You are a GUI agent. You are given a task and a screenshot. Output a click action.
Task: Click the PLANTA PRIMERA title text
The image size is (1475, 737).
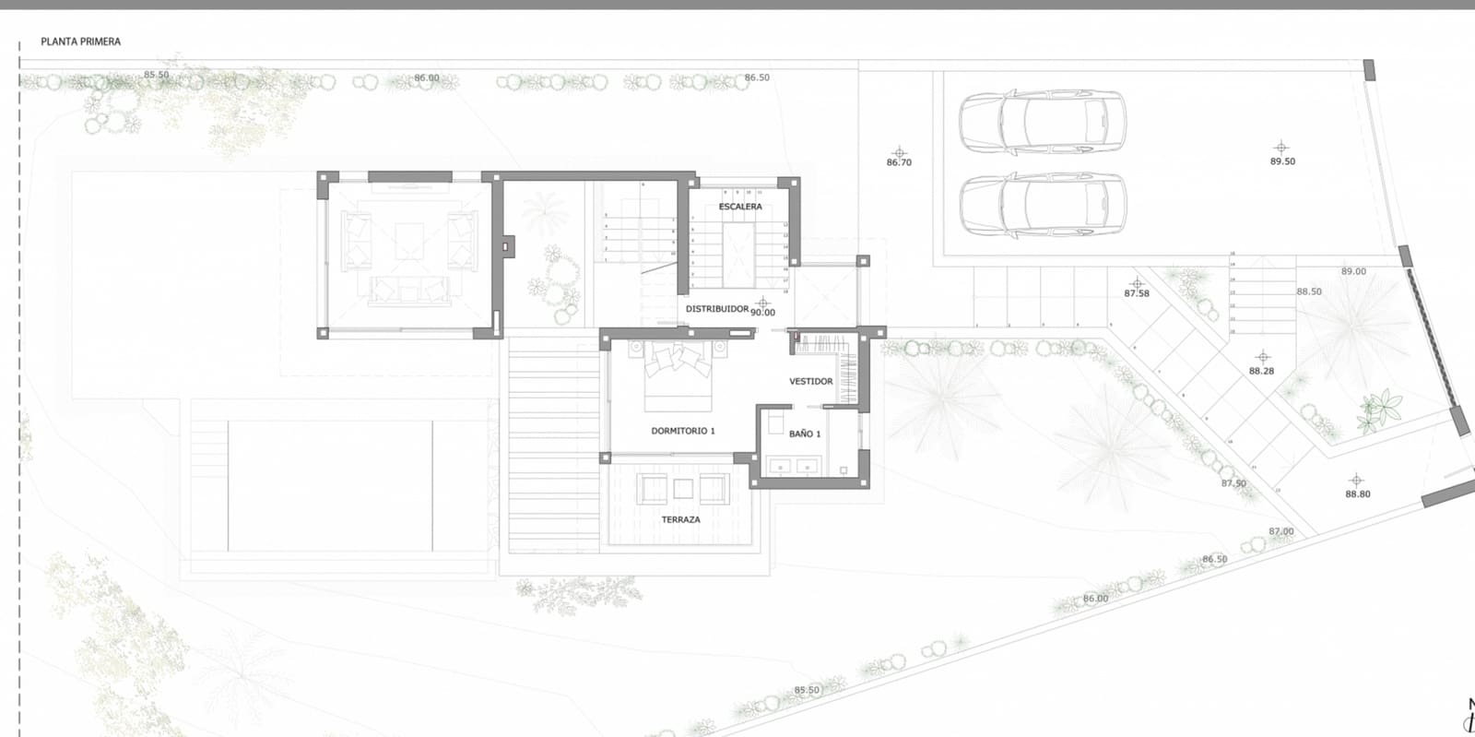pos(80,42)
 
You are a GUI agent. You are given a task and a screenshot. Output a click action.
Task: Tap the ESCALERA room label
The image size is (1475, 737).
pos(740,207)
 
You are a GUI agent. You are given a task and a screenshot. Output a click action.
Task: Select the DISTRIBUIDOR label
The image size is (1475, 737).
pos(716,309)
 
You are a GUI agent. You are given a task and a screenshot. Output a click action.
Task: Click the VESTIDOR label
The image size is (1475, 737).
pos(810,381)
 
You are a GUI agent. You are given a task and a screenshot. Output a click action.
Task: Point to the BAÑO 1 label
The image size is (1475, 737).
pos(804,434)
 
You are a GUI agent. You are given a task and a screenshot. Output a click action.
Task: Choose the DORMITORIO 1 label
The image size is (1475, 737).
pos(682,431)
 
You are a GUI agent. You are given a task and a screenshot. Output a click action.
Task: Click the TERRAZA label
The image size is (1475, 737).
pos(680,520)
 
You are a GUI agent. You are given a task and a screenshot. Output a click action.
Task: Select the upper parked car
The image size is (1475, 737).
pos(1042,121)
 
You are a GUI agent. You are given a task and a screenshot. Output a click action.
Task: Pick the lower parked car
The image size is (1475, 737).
pos(1042,205)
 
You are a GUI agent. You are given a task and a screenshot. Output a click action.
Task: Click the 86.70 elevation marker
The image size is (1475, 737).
pos(899,162)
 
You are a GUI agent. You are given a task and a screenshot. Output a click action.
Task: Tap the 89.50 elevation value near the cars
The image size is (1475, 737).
pos(1282,161)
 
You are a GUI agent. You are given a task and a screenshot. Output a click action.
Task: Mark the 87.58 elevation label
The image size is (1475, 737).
pos(1137,293)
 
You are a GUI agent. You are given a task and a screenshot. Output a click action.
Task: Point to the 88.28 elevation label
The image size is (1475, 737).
pos(1261,371)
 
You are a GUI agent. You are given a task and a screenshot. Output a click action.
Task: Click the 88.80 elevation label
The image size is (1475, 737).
pos(1357,494)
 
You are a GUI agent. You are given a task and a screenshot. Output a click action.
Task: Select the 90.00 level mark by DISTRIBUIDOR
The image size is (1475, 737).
pos(762,313)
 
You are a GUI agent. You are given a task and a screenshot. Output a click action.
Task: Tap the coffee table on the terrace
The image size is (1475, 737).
pos(683,489)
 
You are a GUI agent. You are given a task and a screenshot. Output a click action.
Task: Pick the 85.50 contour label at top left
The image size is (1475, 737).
pos(156,75)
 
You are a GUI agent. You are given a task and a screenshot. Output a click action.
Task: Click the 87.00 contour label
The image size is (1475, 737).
pos(1280,531)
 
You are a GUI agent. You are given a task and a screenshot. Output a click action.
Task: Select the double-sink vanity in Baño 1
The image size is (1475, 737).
pos(793,467)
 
